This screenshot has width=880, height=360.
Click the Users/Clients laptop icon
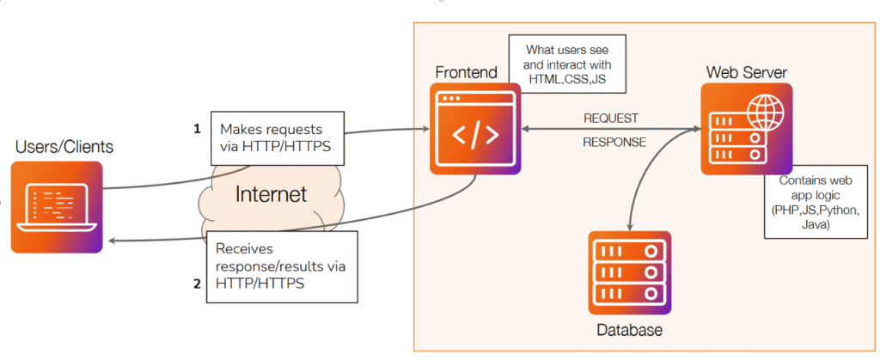57,207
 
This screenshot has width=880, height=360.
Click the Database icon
630,273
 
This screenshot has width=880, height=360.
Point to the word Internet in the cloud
271,194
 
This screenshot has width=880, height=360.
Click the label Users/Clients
64,147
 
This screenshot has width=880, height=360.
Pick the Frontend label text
466,73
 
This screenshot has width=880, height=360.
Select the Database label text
630,330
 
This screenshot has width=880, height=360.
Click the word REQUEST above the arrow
611,118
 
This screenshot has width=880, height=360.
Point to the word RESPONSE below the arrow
614,143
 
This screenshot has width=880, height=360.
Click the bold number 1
197,129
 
